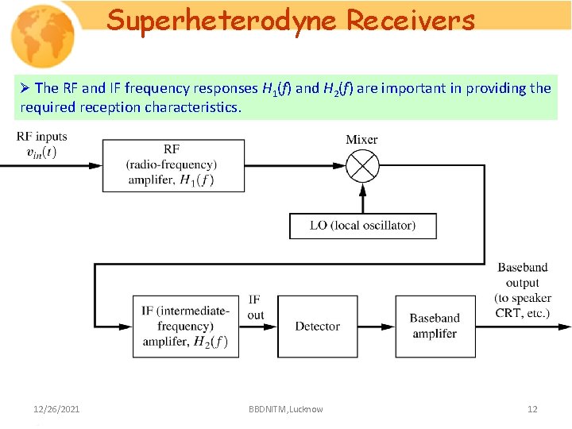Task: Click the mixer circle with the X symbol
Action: [362, 166]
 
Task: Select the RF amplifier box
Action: [173, 165]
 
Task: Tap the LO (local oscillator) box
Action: [362, 226]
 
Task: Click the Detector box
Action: [317, 326]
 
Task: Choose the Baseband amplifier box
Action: [434, 326]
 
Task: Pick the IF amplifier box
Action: [185, 326]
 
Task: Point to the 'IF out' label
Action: [255, 307]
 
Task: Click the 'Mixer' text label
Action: [361, 140]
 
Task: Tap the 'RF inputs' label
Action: [41, 137]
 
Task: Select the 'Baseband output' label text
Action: [522, 275]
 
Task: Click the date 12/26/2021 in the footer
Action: [56, 409]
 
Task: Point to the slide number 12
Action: [532, 409]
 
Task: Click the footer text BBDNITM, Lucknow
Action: [285, 409]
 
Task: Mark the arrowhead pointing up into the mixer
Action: [362, 190]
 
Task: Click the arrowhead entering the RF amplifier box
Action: [95, 165]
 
